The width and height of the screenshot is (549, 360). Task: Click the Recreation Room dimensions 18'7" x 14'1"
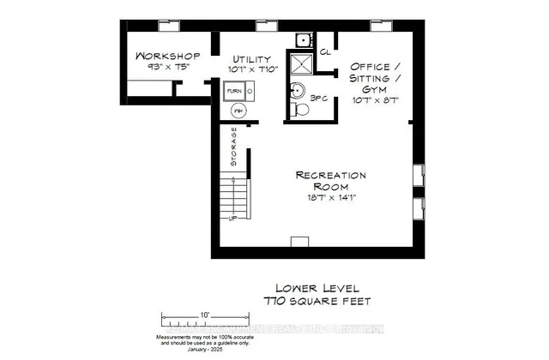pyautogui.click(x=330, y=197)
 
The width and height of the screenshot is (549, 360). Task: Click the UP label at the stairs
pyautogui.click(x=232, y=218)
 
